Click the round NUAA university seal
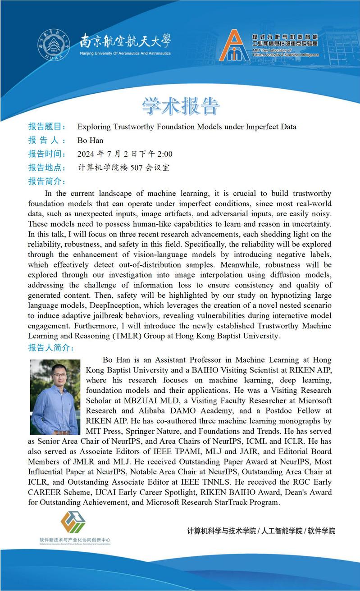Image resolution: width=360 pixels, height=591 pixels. tap(54, 45)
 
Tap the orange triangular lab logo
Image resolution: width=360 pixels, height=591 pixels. tap(234, 46)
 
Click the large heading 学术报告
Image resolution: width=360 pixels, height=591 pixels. tap(180, 105)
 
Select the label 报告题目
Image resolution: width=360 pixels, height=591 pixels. tap(47, 127)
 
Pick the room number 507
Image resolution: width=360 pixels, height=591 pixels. tap(137, 168)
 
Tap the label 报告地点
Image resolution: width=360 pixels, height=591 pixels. tap(47, 168)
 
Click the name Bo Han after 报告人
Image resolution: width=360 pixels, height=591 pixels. tap(90, 141)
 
